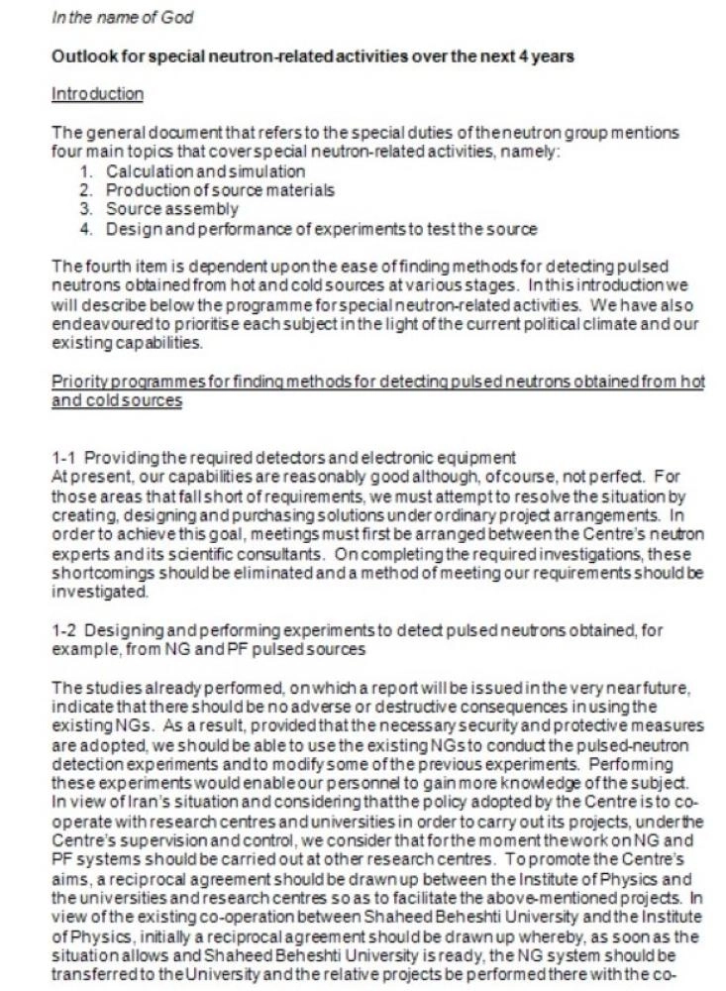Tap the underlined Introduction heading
tap(97, 94)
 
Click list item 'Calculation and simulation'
tap(206, 171)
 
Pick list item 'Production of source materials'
tap(220, 189)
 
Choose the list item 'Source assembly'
tap(172, 209)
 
